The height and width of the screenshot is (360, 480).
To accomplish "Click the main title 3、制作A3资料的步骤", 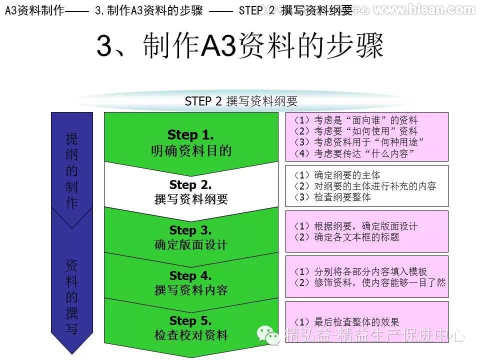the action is coord(239,46).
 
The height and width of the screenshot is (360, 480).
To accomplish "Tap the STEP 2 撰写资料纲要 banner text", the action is coord(241,101).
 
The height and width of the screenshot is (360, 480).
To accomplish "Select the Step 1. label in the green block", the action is coord(190,134).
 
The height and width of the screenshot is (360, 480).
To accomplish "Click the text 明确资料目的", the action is coord(191,150).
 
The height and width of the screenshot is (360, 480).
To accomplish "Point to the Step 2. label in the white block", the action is coord(190,185).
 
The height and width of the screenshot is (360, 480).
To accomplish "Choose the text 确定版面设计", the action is coord(191,245).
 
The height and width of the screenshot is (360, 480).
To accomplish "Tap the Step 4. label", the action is coord(190,275).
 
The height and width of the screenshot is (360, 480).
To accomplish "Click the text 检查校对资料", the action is coord(191,335).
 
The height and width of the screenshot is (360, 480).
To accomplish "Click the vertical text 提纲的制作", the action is coord(72,170).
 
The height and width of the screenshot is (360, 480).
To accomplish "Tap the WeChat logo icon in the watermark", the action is coord(269,335).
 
